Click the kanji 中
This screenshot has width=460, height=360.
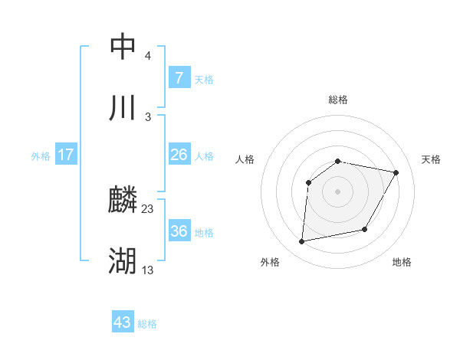pyautogui.click(x=123, y=47)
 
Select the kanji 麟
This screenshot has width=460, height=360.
pyautogui.click(x=123, y=201)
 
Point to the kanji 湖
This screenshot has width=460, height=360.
pyautogui.click(x=123, y=261)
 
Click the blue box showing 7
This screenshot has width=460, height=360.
pyautogui.click(x=179, y=77)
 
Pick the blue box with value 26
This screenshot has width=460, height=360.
pyautogui.click(x=179, y=155)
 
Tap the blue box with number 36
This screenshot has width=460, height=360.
pyautogui.click(x=179, y=231)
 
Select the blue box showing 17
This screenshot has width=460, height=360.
pyautogui.click(x=66, y=155)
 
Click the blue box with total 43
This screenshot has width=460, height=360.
pyautogui.click(x=123, y=322)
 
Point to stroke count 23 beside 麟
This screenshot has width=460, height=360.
pyautogui.click(x=148, y=208)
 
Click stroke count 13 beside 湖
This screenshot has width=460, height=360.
pyautogui.click(x=148, y=270)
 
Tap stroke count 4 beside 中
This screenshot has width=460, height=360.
pyautogui.click(x=148, y=55)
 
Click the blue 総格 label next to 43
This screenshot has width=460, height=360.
pyautogui.click(x=148, y=324)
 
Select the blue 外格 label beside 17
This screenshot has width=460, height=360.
pyautogui.click(x=41, y=155)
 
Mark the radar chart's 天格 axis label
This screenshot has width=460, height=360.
pyautogui.click(x=431, y=159)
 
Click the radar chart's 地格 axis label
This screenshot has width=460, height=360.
pyautogui.click(x=402, y=263)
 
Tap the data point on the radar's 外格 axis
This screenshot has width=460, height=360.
pyautogui.click(x=302, y=242)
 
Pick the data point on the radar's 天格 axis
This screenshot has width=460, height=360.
pyautogui.click(x=396, y=172)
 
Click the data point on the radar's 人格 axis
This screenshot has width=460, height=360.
pyautogui.click(x=309, y=182)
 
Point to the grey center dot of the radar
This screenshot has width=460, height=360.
pyautogui.click(x=337, y=191)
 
